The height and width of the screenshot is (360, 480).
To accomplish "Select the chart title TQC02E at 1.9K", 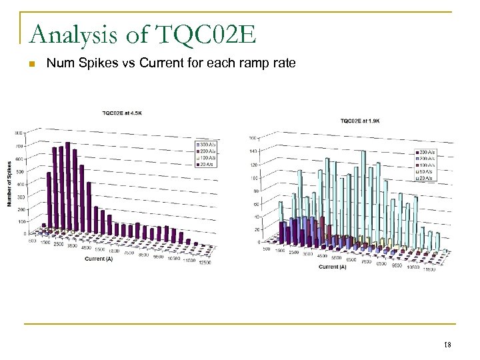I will [359, 121].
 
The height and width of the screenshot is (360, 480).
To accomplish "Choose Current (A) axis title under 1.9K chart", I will [332, 267].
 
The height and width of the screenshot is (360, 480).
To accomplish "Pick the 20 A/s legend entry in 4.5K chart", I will [204, 165].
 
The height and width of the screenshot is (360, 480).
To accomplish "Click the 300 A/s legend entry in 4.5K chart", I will [204, 143].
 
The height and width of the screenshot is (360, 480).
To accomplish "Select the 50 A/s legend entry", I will [424, 173].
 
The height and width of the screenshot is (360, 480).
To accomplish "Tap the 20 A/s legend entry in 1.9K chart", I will [424, 179].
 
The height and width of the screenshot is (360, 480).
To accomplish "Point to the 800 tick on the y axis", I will [19, 133].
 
